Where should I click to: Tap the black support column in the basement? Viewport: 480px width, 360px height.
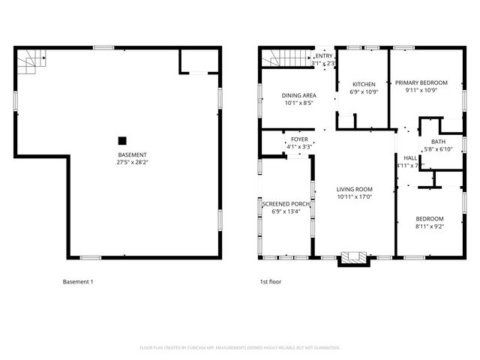click(121, 140)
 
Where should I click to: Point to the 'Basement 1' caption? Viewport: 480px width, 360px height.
click(78, 282)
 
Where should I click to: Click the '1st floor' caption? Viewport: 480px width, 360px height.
click(270, 282)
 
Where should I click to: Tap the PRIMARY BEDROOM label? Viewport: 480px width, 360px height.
click(422, 82)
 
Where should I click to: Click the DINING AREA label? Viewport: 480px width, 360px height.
click(298, 95)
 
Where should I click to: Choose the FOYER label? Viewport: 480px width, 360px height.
click(299, 139)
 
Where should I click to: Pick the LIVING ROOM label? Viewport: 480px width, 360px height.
click(354, 189)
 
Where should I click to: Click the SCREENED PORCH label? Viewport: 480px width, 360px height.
click(285, 204)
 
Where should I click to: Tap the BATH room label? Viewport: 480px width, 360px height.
click(438, 142)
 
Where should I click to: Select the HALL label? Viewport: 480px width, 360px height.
click(410, 157)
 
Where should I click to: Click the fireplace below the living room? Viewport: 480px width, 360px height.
click(354, 259)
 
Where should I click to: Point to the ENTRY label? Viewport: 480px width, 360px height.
click(324, 56)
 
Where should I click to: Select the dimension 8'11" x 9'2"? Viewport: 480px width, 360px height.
click(430, 226)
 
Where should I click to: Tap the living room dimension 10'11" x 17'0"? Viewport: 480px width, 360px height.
click(354, 196)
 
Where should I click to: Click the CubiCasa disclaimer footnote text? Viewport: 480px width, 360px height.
click(240, 347)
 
